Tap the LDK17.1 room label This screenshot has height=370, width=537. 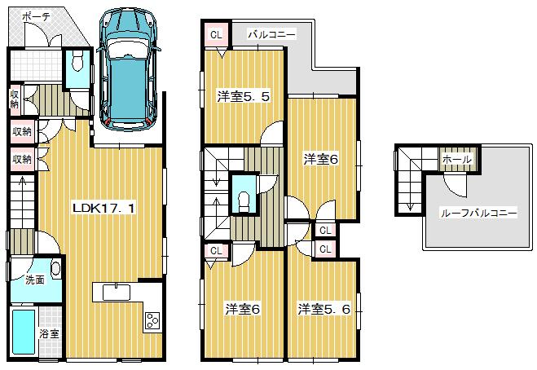pos(103,208)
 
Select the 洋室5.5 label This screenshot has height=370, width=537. pos(243,96)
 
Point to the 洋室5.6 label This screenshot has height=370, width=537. pos(324,309)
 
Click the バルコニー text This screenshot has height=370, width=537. pos(271,34)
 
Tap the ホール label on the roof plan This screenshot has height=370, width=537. pos(456,160)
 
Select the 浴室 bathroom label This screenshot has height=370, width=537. pos(50,333)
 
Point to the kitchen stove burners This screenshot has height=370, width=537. pos(152,320)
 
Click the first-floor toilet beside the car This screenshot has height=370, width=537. pos(78,62)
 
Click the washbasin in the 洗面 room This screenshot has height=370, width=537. pos(55,268)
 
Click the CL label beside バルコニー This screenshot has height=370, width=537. pos(216,34)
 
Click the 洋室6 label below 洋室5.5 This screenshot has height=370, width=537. pos(243,309)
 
